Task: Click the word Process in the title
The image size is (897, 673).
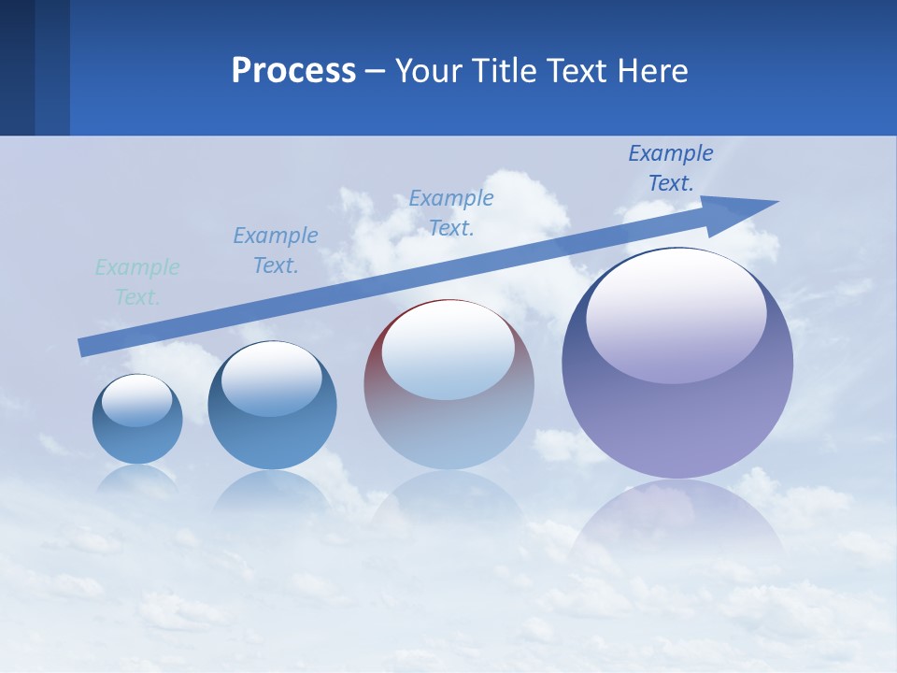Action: (293, 71)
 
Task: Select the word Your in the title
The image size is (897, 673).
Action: (427, 71)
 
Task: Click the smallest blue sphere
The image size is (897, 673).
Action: (137, 419)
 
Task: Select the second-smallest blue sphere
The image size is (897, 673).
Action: (272, 405)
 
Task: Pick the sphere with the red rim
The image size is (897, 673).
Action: (448, 384)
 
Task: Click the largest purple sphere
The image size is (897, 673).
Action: (677, 363)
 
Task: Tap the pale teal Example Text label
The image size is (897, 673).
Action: (137, 282)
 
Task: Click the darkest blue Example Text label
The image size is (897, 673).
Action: (671, 168)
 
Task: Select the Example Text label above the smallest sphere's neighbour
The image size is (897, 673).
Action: (276, 251)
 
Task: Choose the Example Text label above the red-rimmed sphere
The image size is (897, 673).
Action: (451, 213)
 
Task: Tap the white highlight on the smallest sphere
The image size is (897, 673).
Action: (136, 400)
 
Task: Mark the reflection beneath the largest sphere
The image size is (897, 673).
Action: (677, 523)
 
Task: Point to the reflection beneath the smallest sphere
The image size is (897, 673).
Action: (137, 480)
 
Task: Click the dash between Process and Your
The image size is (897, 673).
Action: (376, 71)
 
